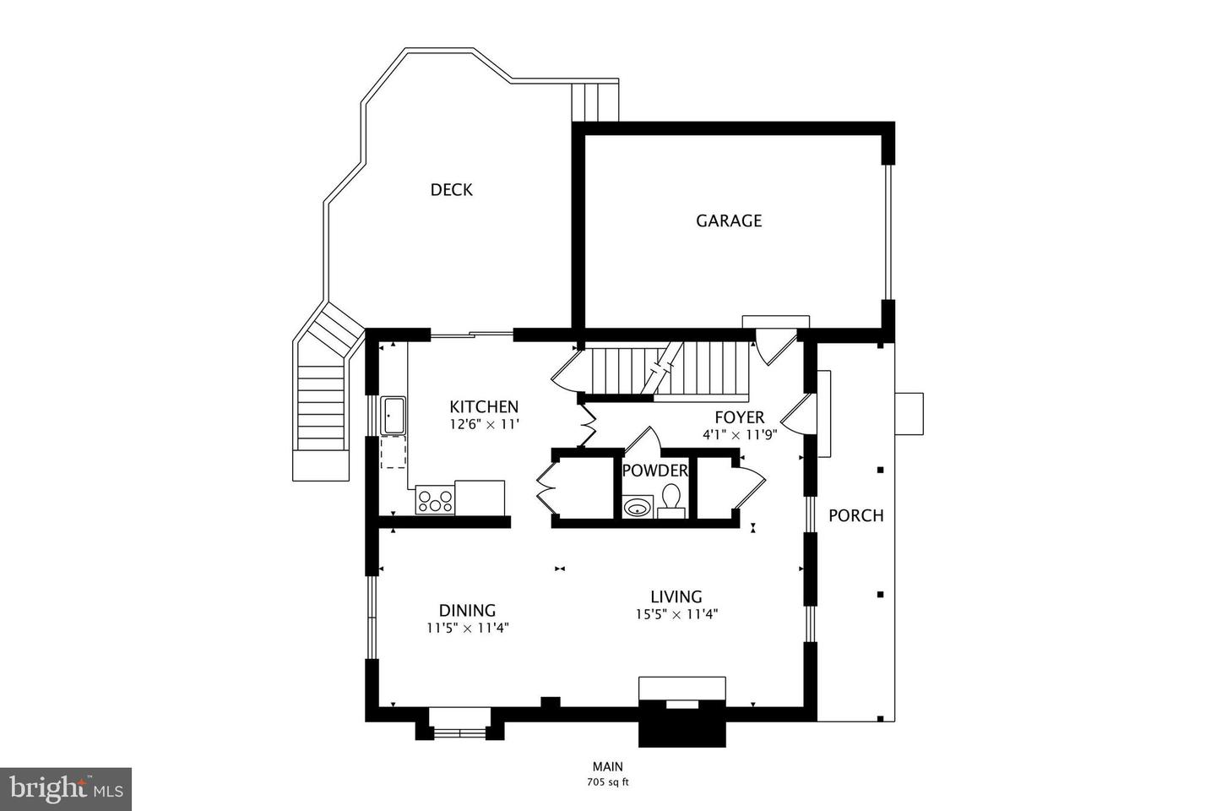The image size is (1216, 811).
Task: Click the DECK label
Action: click(451, 189)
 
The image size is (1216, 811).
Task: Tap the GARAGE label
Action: click(729, 220)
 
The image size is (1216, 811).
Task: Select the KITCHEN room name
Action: click(484, 406)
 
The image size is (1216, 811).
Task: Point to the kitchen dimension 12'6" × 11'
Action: click(485, 424)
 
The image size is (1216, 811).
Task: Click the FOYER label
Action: click(740, 417)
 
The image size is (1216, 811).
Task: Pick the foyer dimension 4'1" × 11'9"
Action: click(740, 434)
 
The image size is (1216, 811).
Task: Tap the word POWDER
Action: click(654, 471)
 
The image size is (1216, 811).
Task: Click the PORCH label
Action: click(856, 515)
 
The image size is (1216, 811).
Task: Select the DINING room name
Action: click(468, 611)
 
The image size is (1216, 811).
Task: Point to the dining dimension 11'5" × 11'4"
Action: click(468, 628)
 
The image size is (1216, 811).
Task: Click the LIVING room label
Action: click(676, 596)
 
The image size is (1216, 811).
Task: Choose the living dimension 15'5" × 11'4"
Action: click(677, 614)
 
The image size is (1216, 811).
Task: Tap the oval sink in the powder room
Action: click(636, 508)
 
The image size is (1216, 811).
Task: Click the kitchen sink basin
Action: click(393, 416)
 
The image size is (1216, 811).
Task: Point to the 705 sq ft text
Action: click(608, 783)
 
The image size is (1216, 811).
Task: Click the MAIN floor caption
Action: click(608, 766)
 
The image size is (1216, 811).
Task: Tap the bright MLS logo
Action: click(66, 788)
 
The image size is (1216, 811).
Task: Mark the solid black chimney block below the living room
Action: click(682, 724)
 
